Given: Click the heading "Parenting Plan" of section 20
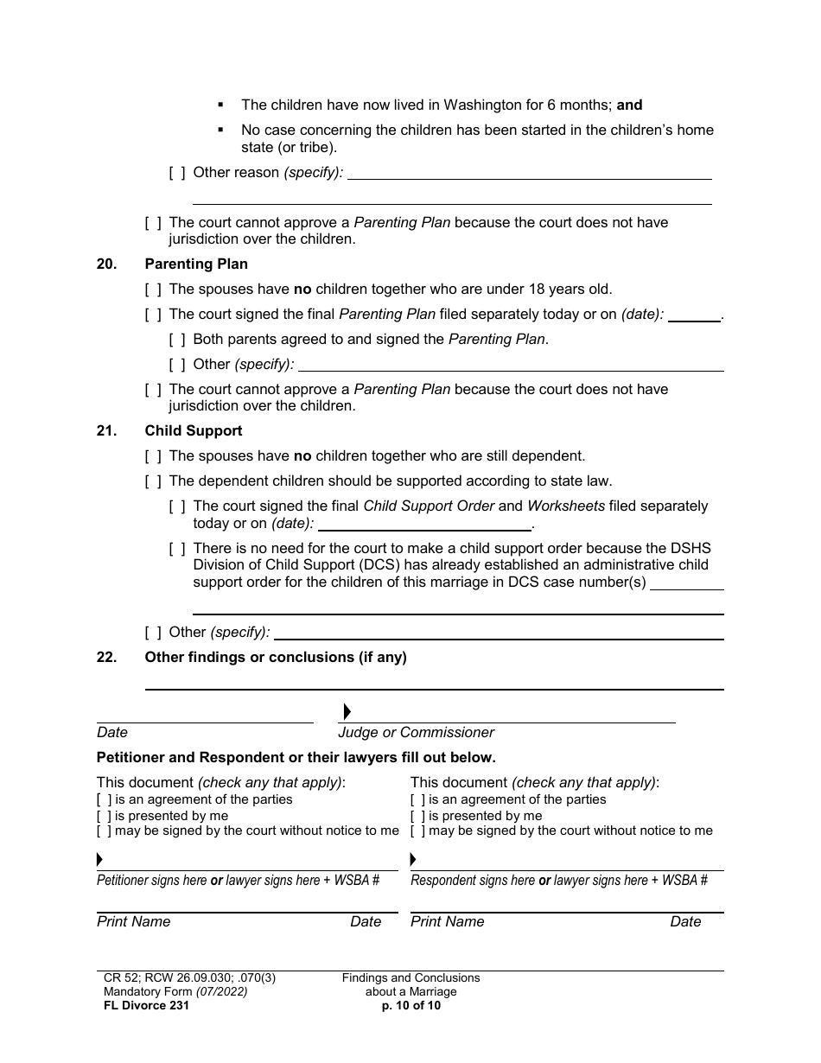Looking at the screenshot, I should coord(196,264).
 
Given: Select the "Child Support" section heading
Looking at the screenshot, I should coord(194,431).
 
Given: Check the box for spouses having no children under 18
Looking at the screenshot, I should coord(153,290).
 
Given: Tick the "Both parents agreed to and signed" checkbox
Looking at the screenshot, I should coord(177,340).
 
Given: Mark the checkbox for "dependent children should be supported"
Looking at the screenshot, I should coord(153,481).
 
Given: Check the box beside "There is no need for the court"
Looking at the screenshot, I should coord(177,549).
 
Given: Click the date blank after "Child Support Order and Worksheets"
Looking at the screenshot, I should coord(424,524).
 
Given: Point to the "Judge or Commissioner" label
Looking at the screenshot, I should coord(416,733).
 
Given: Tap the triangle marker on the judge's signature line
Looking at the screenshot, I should coord(347,712).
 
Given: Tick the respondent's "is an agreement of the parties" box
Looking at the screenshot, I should coord(417,800).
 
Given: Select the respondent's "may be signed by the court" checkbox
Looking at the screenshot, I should coord(417,831).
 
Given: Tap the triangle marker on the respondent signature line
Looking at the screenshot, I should coord(413,860).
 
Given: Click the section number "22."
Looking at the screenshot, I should coord(106,658).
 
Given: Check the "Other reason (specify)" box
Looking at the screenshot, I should coord(177,173).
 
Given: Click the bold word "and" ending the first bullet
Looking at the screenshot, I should coord(629,105).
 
